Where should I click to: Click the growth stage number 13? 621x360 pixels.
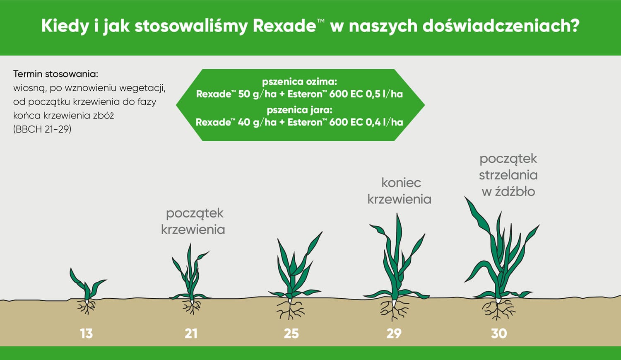click(x=87, y=333)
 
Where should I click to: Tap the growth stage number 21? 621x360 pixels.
click(x=191, y=333)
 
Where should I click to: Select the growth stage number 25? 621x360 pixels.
click(x=291, y=333)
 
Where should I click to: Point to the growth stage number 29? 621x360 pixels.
click(x=394, y=333)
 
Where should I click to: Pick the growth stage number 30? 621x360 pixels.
click(x=499, y=333)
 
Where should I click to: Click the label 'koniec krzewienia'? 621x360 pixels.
click(x=400, y=191)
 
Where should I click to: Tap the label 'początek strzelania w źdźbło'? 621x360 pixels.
click(x=508, y=175)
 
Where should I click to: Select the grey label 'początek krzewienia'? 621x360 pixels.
click(x=193, y=222)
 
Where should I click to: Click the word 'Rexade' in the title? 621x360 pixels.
click(x=285, y=26)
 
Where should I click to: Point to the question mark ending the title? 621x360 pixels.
click(x=575, y=26)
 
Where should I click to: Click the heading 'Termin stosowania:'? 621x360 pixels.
click(x=56, y=74)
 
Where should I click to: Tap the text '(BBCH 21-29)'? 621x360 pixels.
click(x=42, y=129)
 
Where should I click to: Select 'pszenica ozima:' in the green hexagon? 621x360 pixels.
click(x=300, y=82)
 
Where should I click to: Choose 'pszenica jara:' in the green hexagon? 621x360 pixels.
click(x=300, y=110)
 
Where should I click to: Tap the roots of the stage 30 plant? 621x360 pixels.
click(x=498, y=309)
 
